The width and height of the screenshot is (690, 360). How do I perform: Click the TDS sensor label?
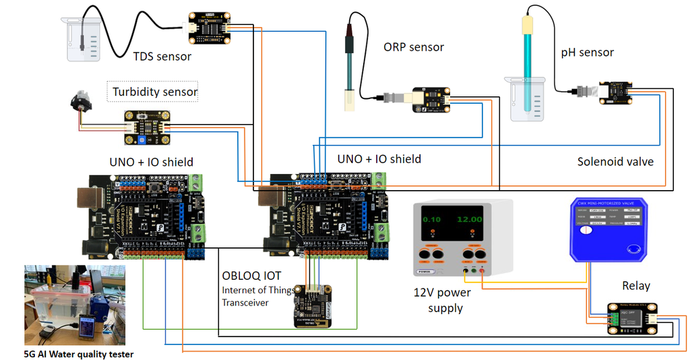click(x=162, y=57)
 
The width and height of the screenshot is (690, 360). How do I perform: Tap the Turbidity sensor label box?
click(x=155, y=92)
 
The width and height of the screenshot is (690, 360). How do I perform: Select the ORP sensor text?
click(x=414, y=47)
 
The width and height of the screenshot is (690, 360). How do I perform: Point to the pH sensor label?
click(x=587, y=53)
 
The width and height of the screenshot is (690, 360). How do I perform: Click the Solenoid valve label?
click(x=615, y=162)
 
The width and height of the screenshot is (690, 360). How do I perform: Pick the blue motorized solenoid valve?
click(x=607, y=229)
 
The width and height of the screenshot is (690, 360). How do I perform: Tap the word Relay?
click(x=635, y=286)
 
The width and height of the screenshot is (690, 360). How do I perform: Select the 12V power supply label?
click(x=441, y=300)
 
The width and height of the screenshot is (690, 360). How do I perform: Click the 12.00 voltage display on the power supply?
click(x=469, y=219)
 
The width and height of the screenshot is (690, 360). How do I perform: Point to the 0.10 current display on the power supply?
click(x=432, y=219)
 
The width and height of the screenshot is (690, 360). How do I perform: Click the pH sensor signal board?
click(x=617, y=93)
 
